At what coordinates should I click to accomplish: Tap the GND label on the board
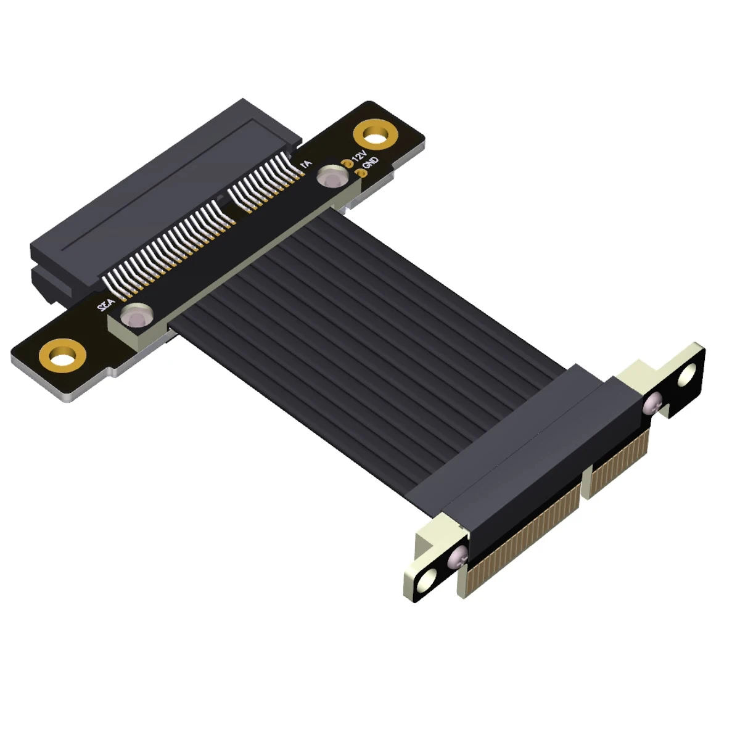(x=371, y=163)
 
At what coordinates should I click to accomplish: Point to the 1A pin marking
(x=305, y=165)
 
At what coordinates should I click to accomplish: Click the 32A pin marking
(x=105, y=305)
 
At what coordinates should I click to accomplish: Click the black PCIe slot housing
(x=154, y=197)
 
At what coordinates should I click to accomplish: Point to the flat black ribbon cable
(x=345, y=308)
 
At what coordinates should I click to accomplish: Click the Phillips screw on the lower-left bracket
(x=458, y=557)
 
